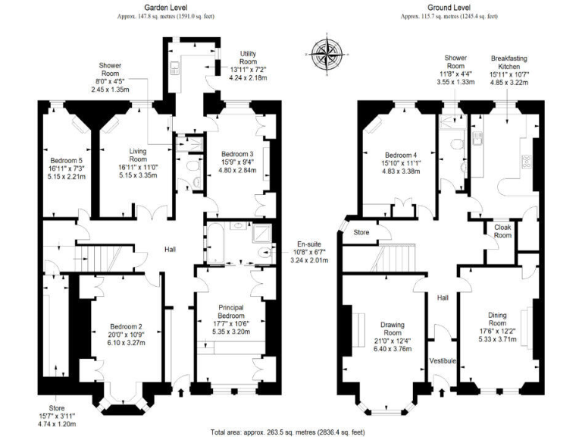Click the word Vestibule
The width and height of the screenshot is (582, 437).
point(443,360)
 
